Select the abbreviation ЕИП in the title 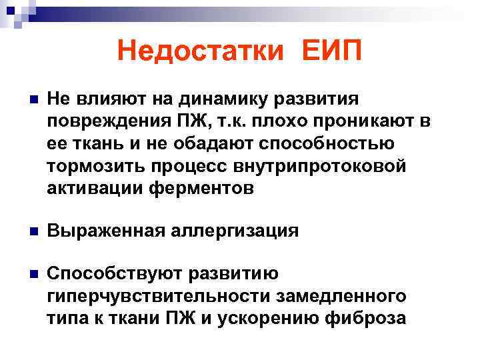coord(331,51)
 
